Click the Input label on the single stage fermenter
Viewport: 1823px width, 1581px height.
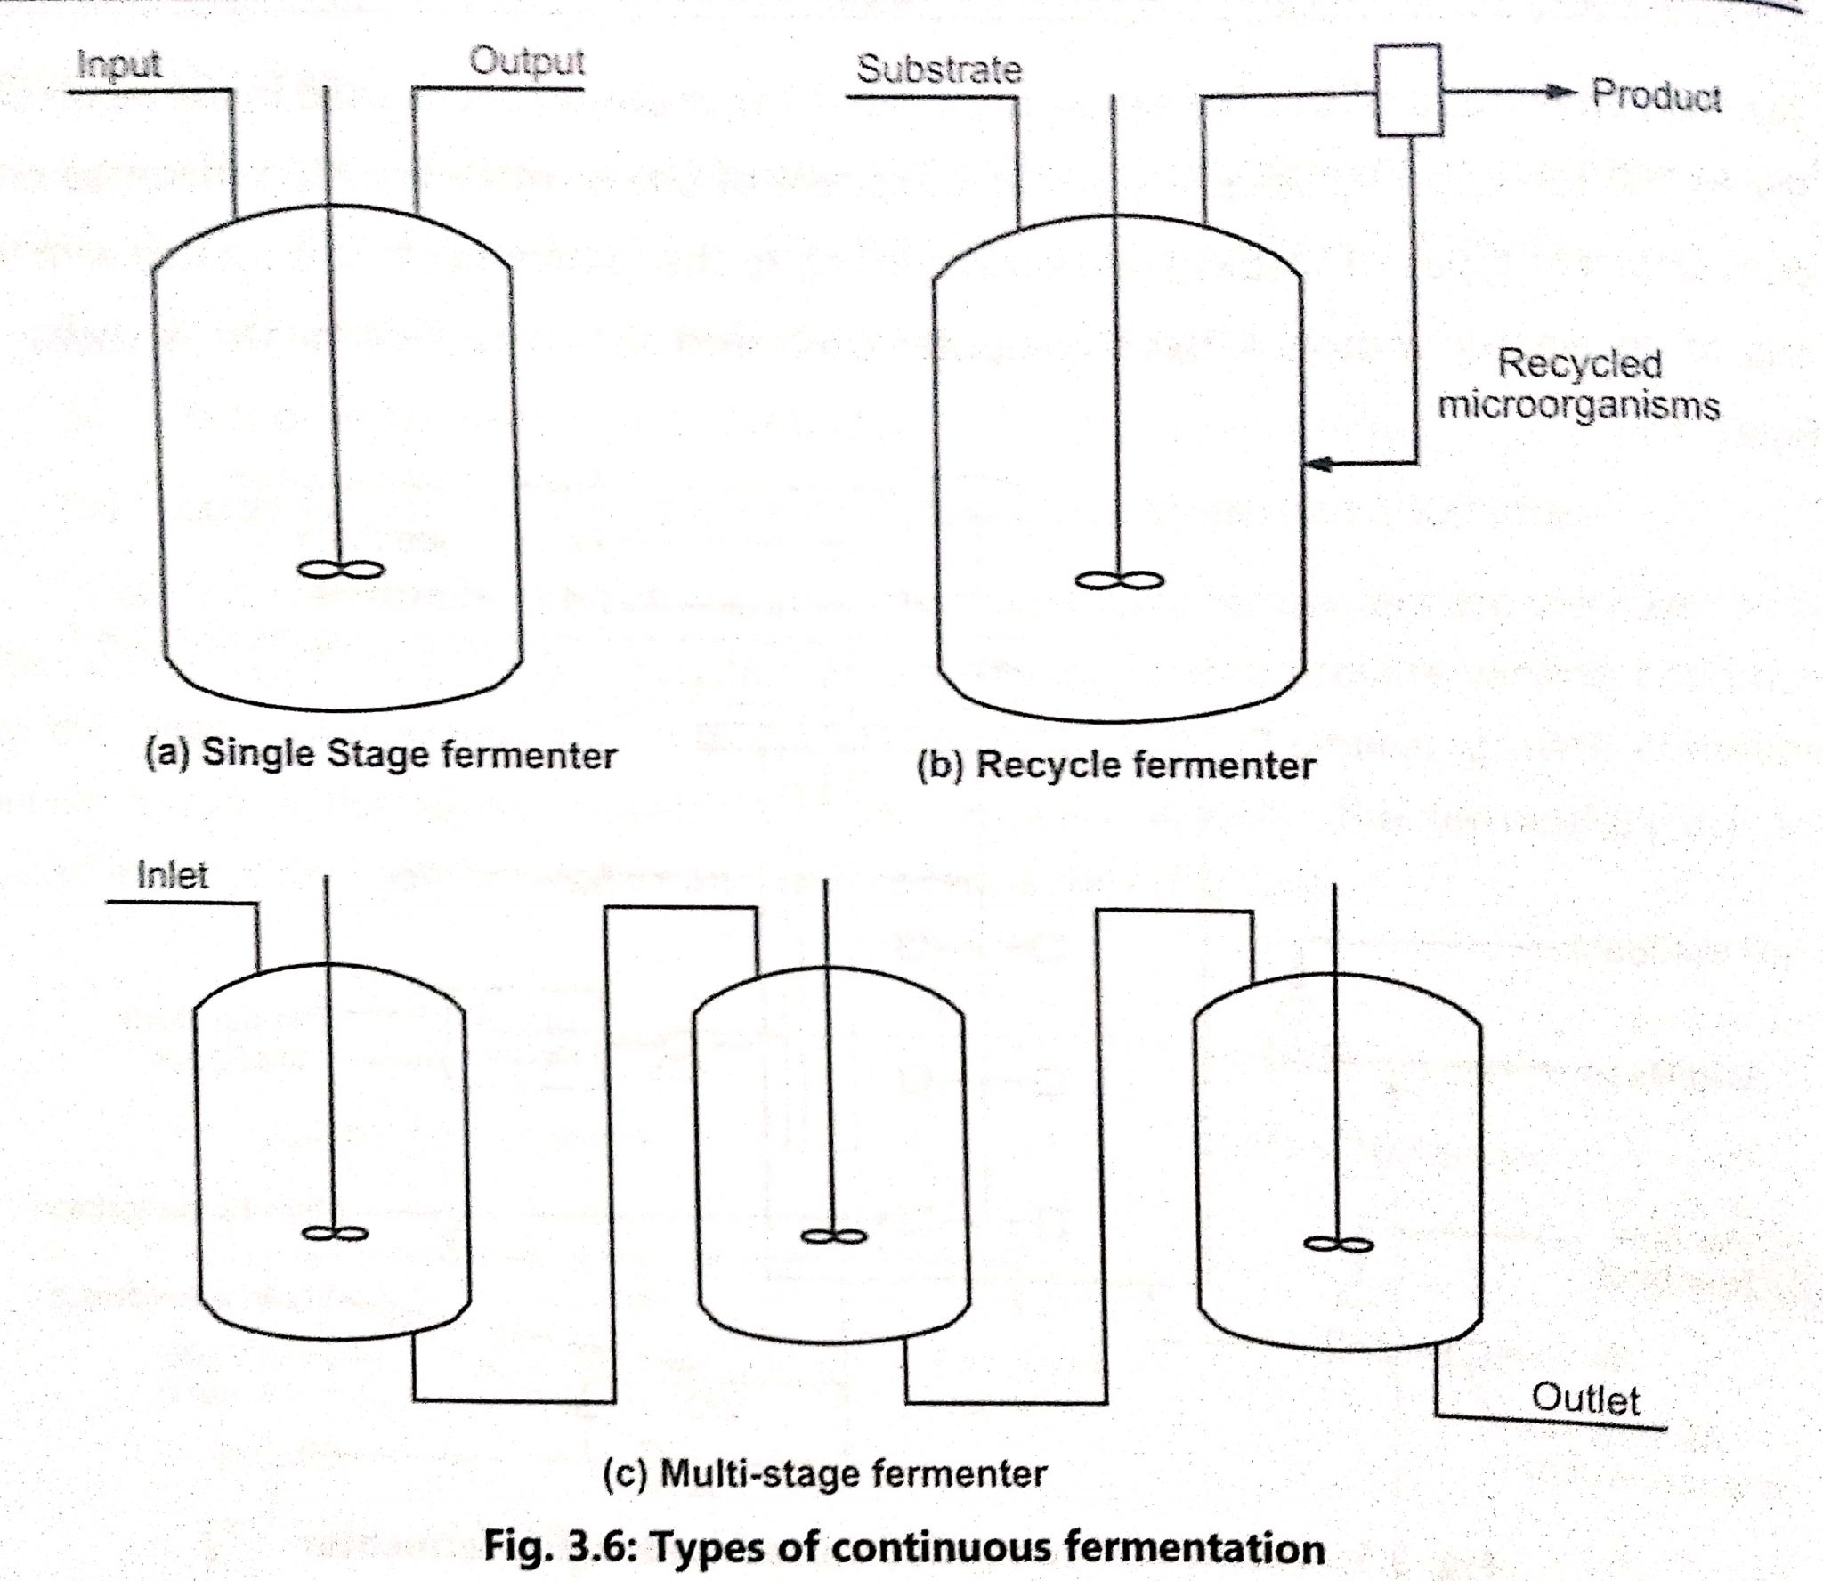point(118,64)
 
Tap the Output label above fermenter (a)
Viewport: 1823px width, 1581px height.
point(526,61)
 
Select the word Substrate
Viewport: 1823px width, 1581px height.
point(938,69)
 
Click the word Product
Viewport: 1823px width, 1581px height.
point(1656,95)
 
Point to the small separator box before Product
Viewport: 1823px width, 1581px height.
point(1409,91)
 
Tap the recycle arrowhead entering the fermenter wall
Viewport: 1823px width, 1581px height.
point(1316,463)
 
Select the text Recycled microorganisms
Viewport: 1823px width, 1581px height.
point(1579,385)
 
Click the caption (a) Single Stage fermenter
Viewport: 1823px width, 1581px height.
point(381,755)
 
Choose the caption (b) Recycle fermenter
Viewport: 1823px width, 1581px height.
point(1115,765)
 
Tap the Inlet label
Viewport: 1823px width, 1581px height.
point(172,876)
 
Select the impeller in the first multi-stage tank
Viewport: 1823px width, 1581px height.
point(333,1234)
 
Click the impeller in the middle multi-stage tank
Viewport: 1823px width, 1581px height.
point(832,1236)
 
